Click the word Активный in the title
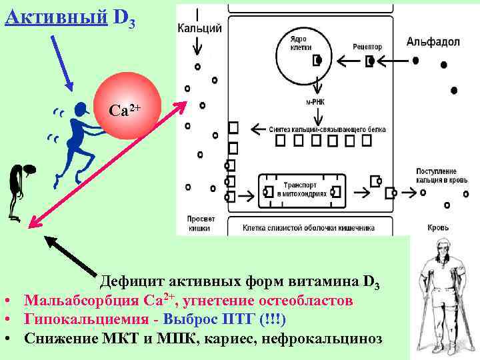pyautogui.click(x=56, y=16)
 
